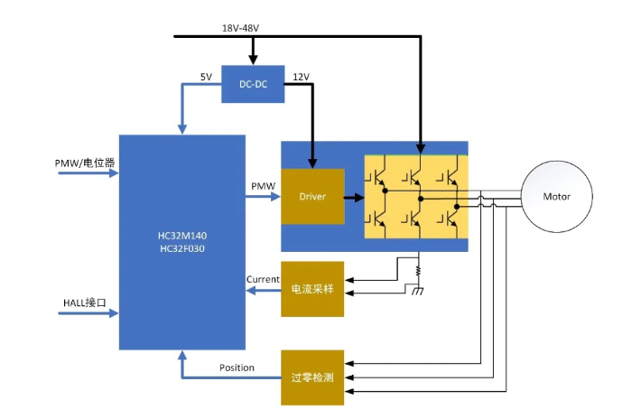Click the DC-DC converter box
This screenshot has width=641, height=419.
253,84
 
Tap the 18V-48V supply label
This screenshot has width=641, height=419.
240,28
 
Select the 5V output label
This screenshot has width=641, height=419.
206,77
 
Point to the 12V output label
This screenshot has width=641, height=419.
301,77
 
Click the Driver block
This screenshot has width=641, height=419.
312,196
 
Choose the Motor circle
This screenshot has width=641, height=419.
556,197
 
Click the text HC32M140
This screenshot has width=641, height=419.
182,236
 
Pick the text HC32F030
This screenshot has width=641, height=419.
182,248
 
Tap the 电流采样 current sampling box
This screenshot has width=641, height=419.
312,289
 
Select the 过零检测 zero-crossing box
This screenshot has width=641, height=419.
312,377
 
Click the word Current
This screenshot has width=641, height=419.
263,279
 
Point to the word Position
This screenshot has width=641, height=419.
237,368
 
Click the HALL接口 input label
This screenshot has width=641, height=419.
85,303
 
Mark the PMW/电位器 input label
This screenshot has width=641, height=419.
85,163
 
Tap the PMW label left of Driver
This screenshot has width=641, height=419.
263,186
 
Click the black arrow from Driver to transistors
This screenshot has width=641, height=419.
354,198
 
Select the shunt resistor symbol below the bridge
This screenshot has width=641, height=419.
418,271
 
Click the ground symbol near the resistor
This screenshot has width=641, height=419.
417,291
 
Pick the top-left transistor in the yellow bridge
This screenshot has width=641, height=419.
377,177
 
